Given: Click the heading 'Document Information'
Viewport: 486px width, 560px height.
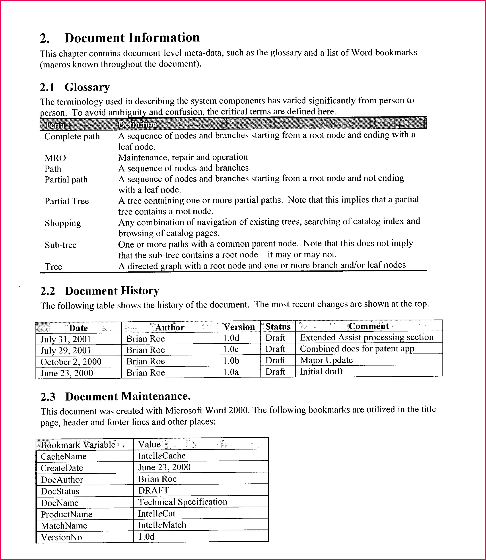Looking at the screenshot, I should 132,38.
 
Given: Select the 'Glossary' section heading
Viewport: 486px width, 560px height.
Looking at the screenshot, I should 87,87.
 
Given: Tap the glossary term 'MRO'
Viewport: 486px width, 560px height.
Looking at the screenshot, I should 55,158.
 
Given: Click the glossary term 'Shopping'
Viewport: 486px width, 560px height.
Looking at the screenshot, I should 63,223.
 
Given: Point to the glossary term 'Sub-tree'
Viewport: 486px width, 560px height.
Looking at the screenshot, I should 61,245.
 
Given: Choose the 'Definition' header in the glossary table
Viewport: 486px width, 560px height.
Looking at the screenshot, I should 137,124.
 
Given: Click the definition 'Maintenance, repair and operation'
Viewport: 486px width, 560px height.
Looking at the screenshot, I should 183,157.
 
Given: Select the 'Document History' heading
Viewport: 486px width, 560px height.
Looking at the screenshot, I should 112,291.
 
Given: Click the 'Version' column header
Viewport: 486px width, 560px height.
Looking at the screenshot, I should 239,327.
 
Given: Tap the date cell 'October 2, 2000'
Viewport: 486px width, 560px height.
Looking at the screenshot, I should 71,362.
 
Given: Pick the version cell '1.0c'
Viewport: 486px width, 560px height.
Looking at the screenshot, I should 231,350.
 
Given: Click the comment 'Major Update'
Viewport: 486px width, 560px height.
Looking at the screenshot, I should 326,360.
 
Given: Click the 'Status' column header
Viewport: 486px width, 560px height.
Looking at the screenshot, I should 278,327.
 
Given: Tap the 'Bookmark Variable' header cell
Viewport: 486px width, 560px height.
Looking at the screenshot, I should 78,445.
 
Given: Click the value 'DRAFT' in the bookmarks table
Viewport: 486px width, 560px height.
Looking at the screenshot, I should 154,490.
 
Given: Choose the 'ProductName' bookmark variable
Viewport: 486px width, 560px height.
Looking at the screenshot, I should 67,514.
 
